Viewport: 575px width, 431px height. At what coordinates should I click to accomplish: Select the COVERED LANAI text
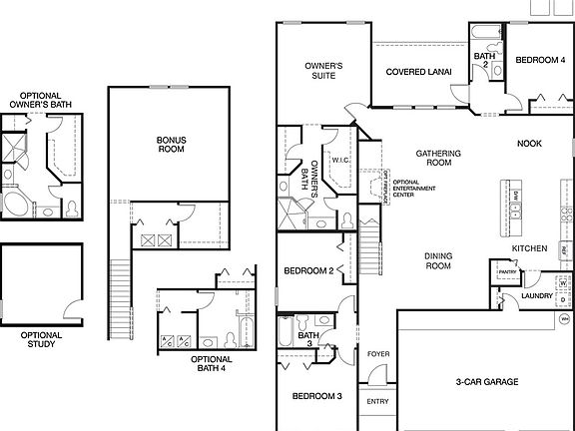tap(418, 72)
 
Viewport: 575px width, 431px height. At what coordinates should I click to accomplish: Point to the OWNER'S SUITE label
tap(323, 71)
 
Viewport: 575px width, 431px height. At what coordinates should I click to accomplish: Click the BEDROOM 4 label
tap(540, 61)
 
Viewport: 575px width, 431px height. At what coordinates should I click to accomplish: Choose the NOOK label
tap(529, 144)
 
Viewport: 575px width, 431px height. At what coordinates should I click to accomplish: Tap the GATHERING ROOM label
tap(438, 158)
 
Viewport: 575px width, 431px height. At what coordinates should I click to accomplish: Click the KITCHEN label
tap(529, 247)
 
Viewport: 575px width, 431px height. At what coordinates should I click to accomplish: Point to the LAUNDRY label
tap(537, 296)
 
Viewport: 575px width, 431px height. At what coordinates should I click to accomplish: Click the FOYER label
tap(378, 354)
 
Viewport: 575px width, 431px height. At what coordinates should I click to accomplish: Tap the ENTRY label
tap(378, 401)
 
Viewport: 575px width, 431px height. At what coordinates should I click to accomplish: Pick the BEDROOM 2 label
tap(308, 271)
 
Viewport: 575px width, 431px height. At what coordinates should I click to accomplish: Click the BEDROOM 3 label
tap(317, 396)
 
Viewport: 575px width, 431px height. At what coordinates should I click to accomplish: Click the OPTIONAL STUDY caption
tap(41, 341)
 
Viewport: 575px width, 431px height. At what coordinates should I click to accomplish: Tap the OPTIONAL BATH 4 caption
tap(211, 364)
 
